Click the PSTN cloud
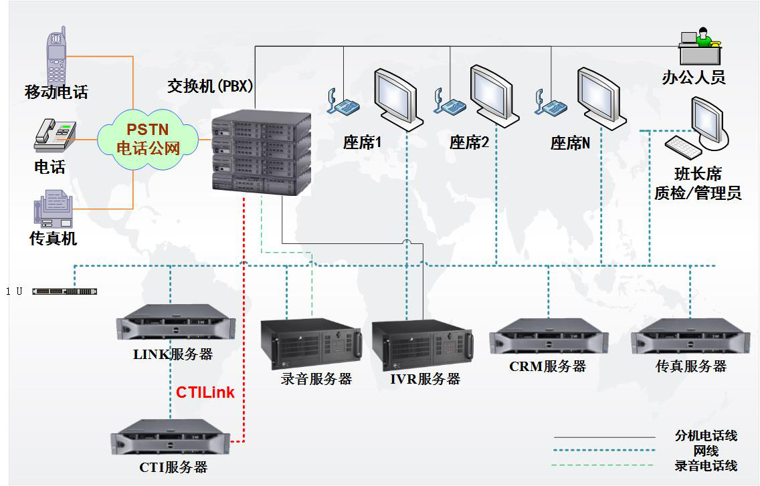pos(148,139)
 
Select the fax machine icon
pos(54,209)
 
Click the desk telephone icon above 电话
pos(55,135)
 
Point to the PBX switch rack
pos(261,152)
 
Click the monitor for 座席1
pos(399,100)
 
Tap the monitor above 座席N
pos(601,99)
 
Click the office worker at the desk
pos(700,46)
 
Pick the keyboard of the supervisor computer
pos(684,147)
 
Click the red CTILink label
pos(205,392)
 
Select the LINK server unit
pos(176,322)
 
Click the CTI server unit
pos(171,437)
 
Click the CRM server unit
pos(549,336)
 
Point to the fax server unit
pos(690,336)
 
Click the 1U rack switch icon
pos(64,291)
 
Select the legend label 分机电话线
pos(706,436)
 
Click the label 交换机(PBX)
pos(210,86)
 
